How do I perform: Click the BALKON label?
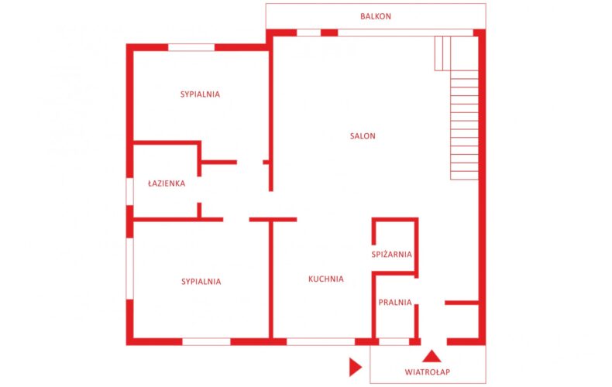click(376, 16)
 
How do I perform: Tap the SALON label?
click(363, 136)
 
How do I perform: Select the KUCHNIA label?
click(326, 279)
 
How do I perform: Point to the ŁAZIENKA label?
click(167, 183)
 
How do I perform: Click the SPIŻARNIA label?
click(391, 255)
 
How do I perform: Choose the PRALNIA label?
click(395, 303)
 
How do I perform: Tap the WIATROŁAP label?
click(428, 372)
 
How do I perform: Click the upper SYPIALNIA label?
click(200, 94)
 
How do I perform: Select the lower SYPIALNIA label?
click(201, 282)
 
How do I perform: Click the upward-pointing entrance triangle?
click(431, 357)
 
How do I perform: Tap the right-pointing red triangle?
click(355, 367)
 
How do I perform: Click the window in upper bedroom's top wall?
click(191, 47)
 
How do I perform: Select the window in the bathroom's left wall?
click(129, 191)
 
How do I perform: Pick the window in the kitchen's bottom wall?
click(321, 342)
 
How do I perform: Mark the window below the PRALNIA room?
click(394, 342)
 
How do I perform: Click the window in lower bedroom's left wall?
click(129, 269)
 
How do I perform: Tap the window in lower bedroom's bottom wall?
click(207, 342)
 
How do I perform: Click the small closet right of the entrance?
click(463, 321)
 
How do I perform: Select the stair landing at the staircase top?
click(442, 53)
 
